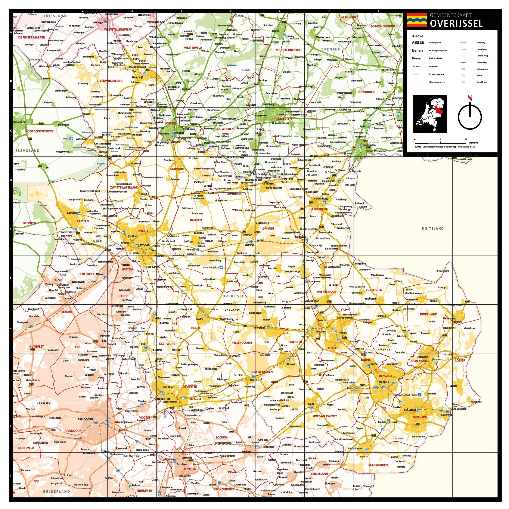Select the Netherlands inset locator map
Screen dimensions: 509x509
point(430,114)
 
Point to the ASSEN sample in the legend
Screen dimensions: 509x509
point(418,42)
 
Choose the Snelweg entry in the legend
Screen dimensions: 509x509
point(481,42)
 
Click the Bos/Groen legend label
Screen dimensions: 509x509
point(482,82)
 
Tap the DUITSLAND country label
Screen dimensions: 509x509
point(433,228)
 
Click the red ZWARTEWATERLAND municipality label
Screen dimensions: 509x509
point(124,187)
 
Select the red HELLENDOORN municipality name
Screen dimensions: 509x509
point(242,343)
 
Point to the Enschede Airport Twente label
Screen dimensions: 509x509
point(406,395)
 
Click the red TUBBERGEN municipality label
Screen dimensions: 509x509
point(374,290)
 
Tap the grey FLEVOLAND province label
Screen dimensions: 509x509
point(28,151)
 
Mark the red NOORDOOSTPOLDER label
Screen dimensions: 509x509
point(40,131)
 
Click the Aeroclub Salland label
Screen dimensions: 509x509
point(211,267)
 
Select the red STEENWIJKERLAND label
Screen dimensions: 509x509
point(110,81)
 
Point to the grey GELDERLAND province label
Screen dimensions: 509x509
point(56,491)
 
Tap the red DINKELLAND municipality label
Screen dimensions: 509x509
point(428,314)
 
